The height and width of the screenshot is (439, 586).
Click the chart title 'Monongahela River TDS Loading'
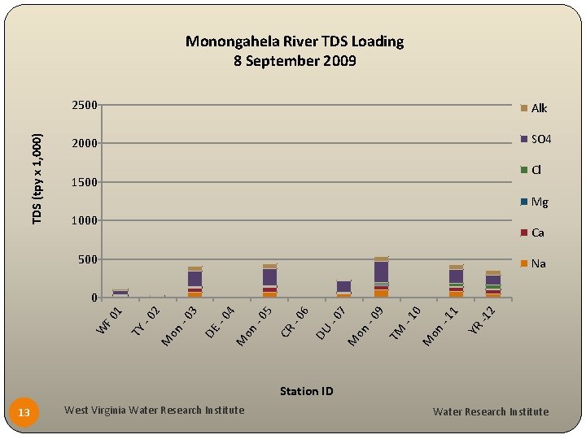pos(294,41)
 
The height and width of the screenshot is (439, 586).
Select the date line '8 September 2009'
pos(294,61)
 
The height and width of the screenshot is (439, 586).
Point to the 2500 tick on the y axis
pos(84,105)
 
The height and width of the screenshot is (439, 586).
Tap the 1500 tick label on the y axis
pos(84,182)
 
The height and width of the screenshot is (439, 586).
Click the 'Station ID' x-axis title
pos(306,391)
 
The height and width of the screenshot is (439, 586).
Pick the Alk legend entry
pos(534,108)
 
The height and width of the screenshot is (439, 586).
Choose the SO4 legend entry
pos(536,140)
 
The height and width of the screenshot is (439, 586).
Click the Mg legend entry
pos(534,202)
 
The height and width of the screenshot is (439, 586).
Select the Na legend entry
pos(533,263)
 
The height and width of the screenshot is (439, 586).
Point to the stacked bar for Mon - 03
pos(195,282)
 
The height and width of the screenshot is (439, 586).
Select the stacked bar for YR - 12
pos(492,285)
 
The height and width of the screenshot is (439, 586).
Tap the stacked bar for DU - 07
pos(343,289)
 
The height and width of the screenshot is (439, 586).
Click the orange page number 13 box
pos(24,413)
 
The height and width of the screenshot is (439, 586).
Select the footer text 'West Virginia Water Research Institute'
pos(154,410)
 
